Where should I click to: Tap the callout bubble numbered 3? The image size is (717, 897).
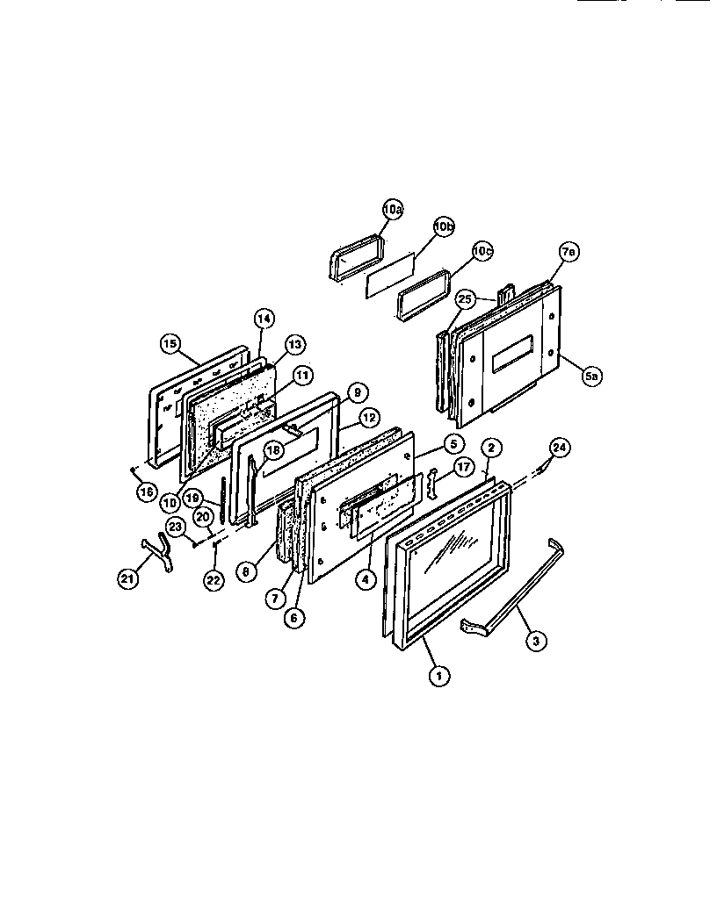coord(535,641)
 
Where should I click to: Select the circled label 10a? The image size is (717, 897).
coord(392,210)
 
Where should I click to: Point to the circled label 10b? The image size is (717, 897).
coord(445,226)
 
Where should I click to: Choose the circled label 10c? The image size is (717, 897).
coord(482,250)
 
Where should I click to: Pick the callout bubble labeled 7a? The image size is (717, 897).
coord(568,252)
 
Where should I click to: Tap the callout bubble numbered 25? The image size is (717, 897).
coord(467,300)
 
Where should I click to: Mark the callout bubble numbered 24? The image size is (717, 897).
coord(559,448)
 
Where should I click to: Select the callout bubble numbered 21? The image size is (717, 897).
coord(129,577)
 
